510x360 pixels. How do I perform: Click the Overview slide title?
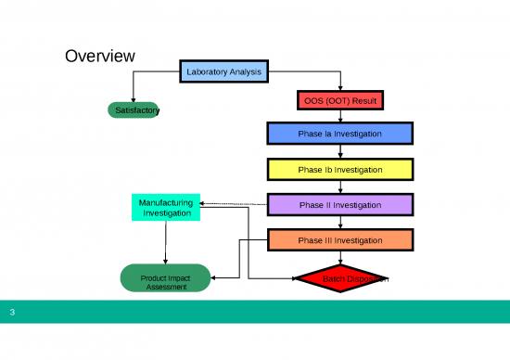pyautogui.click(x=100, y=57)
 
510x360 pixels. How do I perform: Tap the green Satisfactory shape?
pyautogui.click(x=134, y=110)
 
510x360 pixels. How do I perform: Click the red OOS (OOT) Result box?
pyautogui.click(x=340, y=99)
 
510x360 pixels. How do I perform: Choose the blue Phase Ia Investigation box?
pyautogui.click(x=339, y=134)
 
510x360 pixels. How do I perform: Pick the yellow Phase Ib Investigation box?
pyautogui.click(x=339, y=169)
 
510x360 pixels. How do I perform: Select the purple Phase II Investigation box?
pyautogui.click(x=339, y=204)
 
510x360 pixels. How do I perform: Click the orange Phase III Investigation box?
pyautogui.click(x=339, y=240)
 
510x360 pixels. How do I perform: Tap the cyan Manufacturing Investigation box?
pyautogui.click(x=165, y=208)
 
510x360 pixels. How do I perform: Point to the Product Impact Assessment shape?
pyautogui.click(x=165, y=278)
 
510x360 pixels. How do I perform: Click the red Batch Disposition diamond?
pyautogui.click(x=340, y=278)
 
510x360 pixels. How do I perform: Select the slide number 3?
pyautogui.click(x=12, y=313)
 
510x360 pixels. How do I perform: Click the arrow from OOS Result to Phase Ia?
pyautogui.click(x=340, y=116)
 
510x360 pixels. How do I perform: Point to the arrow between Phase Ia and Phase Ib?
pyautogui.click(x=340, y=152)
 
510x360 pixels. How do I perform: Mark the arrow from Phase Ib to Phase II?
pyautogui.click(x=340, y=187)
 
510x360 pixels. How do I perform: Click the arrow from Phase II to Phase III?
pyautogui.click(x=340, y=223)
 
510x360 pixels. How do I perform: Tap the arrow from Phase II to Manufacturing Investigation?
pyautogui.click(x=232, y=204)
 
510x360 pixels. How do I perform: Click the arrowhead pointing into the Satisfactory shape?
pyautogui.click(x=134, y=97)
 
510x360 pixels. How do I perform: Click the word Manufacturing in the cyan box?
pyautogui.click(x=165, y=201)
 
